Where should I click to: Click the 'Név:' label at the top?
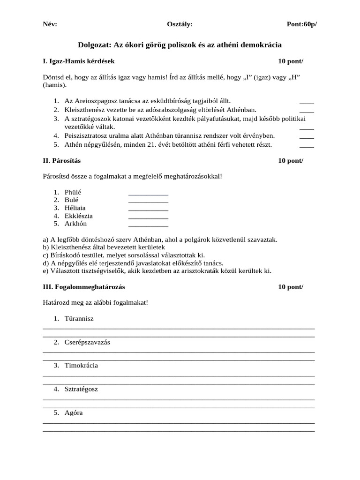[50, 24]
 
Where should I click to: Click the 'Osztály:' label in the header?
[180, 24]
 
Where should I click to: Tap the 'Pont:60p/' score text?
[301, 24]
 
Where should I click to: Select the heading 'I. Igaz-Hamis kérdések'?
[78, 61]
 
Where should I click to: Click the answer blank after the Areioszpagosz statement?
[307, 101]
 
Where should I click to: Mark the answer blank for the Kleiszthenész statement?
[307, 110]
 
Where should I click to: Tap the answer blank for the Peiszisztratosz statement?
[307, 136]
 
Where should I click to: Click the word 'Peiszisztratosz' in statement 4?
[86, 136]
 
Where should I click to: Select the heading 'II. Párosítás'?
[61, 161]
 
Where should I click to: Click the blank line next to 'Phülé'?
[148, 193]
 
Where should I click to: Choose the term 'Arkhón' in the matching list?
[75, 224]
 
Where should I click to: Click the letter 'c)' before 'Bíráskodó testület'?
[46, 255]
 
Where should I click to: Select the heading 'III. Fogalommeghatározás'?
[84, 286]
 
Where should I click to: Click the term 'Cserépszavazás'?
[87, 342]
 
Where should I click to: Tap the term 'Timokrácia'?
[81, 366]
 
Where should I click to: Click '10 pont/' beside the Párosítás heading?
[291, 161]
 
